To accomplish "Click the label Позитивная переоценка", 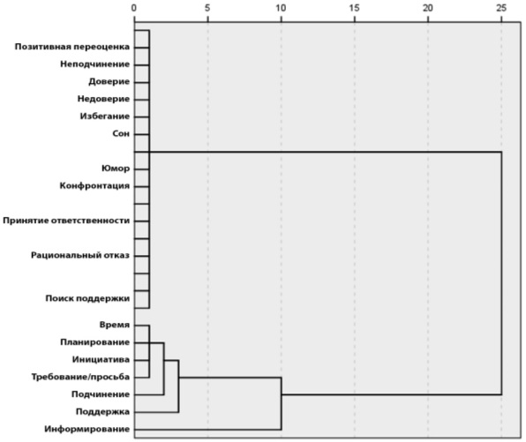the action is point(72,47).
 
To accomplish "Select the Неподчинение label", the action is point(95,64).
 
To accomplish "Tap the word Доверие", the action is point(109,82).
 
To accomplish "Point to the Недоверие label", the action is point(103,99).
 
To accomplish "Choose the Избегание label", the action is point(105,116).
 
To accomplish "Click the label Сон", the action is point(121,134).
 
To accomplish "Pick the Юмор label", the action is point(116,169).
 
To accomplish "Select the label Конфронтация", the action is point(94,186).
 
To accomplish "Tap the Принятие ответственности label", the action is point(66,221).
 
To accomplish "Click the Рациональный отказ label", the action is point(80,256).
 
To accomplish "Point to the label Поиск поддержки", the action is point(87,298).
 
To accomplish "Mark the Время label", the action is point(115,325).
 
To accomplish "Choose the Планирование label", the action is point(95,342).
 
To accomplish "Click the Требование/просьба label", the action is point(80,377).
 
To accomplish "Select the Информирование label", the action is point(87,430).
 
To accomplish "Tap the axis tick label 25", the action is point(501,8).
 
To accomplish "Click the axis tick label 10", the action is point(281,8).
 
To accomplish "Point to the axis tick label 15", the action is point(354,8).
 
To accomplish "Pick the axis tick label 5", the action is point(207,8).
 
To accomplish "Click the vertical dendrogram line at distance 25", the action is point(501,273).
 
